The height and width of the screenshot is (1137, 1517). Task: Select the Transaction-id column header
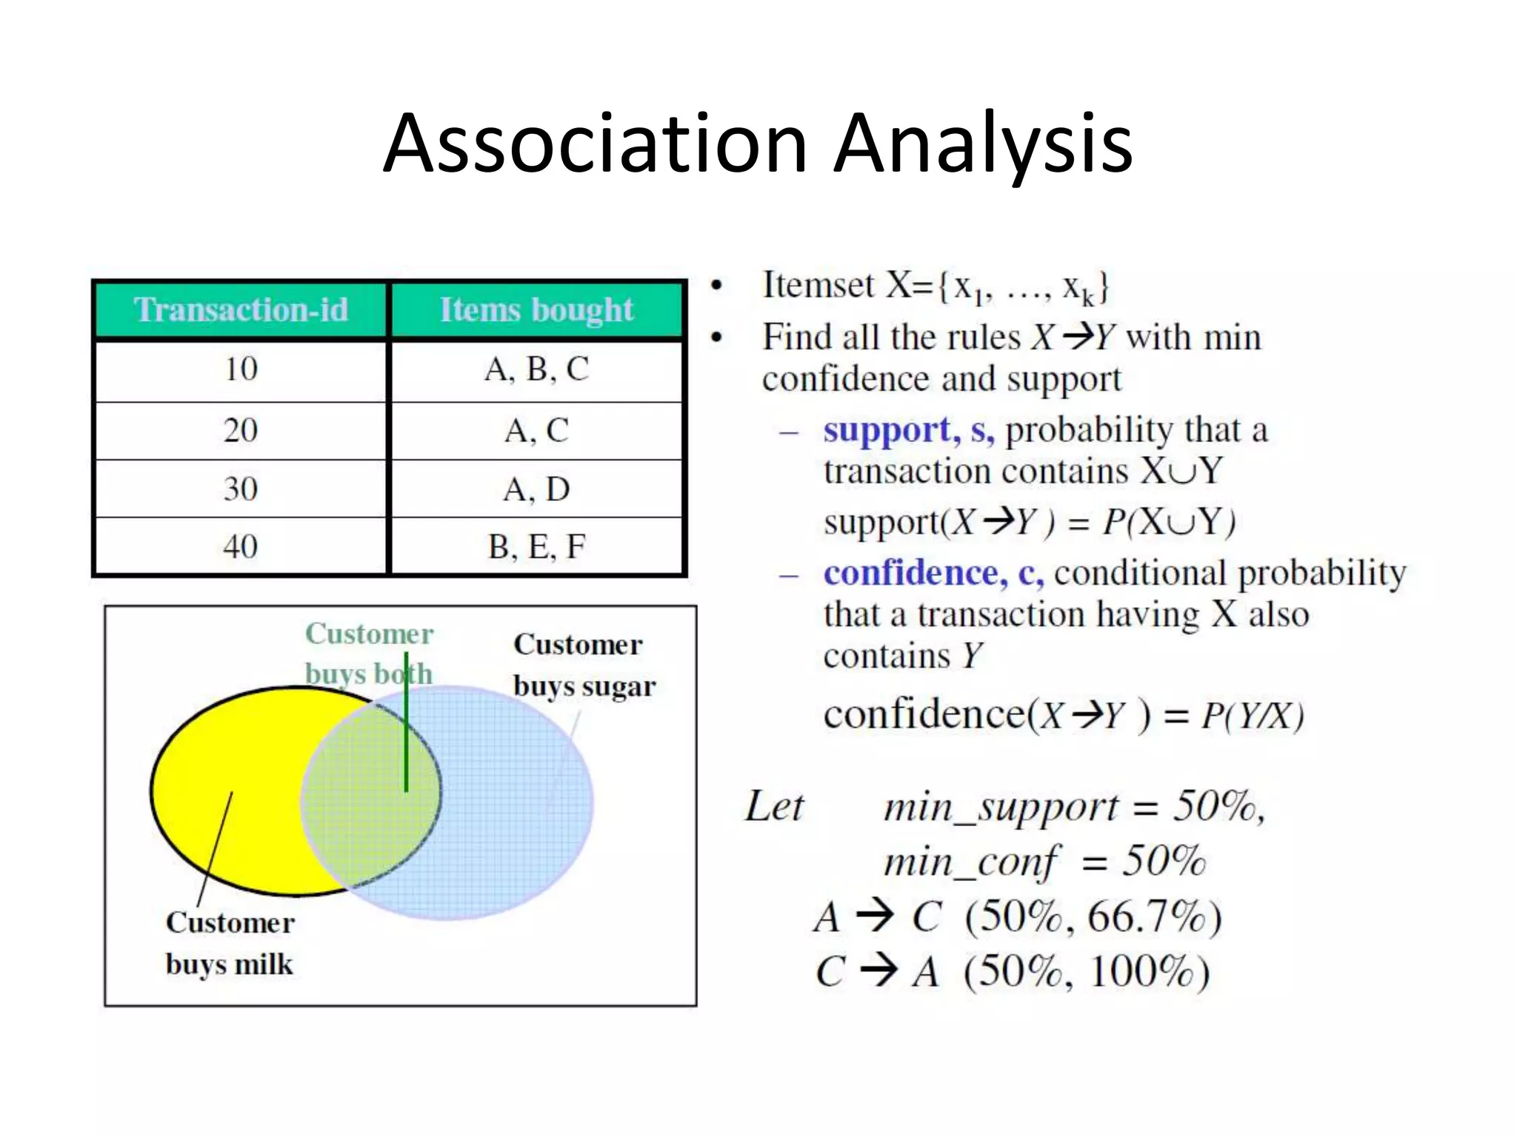(x=241, y=309)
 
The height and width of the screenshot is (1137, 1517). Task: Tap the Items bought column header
(x=536, y=309)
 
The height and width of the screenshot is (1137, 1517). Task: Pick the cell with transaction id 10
(x=241, y=369)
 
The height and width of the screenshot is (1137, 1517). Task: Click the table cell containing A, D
(x=536, y=489)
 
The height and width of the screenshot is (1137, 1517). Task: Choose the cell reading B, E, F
(x=536, y=547)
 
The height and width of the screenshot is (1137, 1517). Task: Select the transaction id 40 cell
(x=241, y=547)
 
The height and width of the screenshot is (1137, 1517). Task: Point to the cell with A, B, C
(x=536, y=369)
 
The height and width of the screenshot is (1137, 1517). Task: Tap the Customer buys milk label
(x=230, y=943)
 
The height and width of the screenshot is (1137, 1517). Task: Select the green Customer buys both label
(x=368, y=654)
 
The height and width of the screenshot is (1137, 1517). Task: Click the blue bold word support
(x=887, y=430)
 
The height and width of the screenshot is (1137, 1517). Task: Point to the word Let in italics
(x=774, y=806)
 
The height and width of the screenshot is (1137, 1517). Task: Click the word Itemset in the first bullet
(x=818, y=286)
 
